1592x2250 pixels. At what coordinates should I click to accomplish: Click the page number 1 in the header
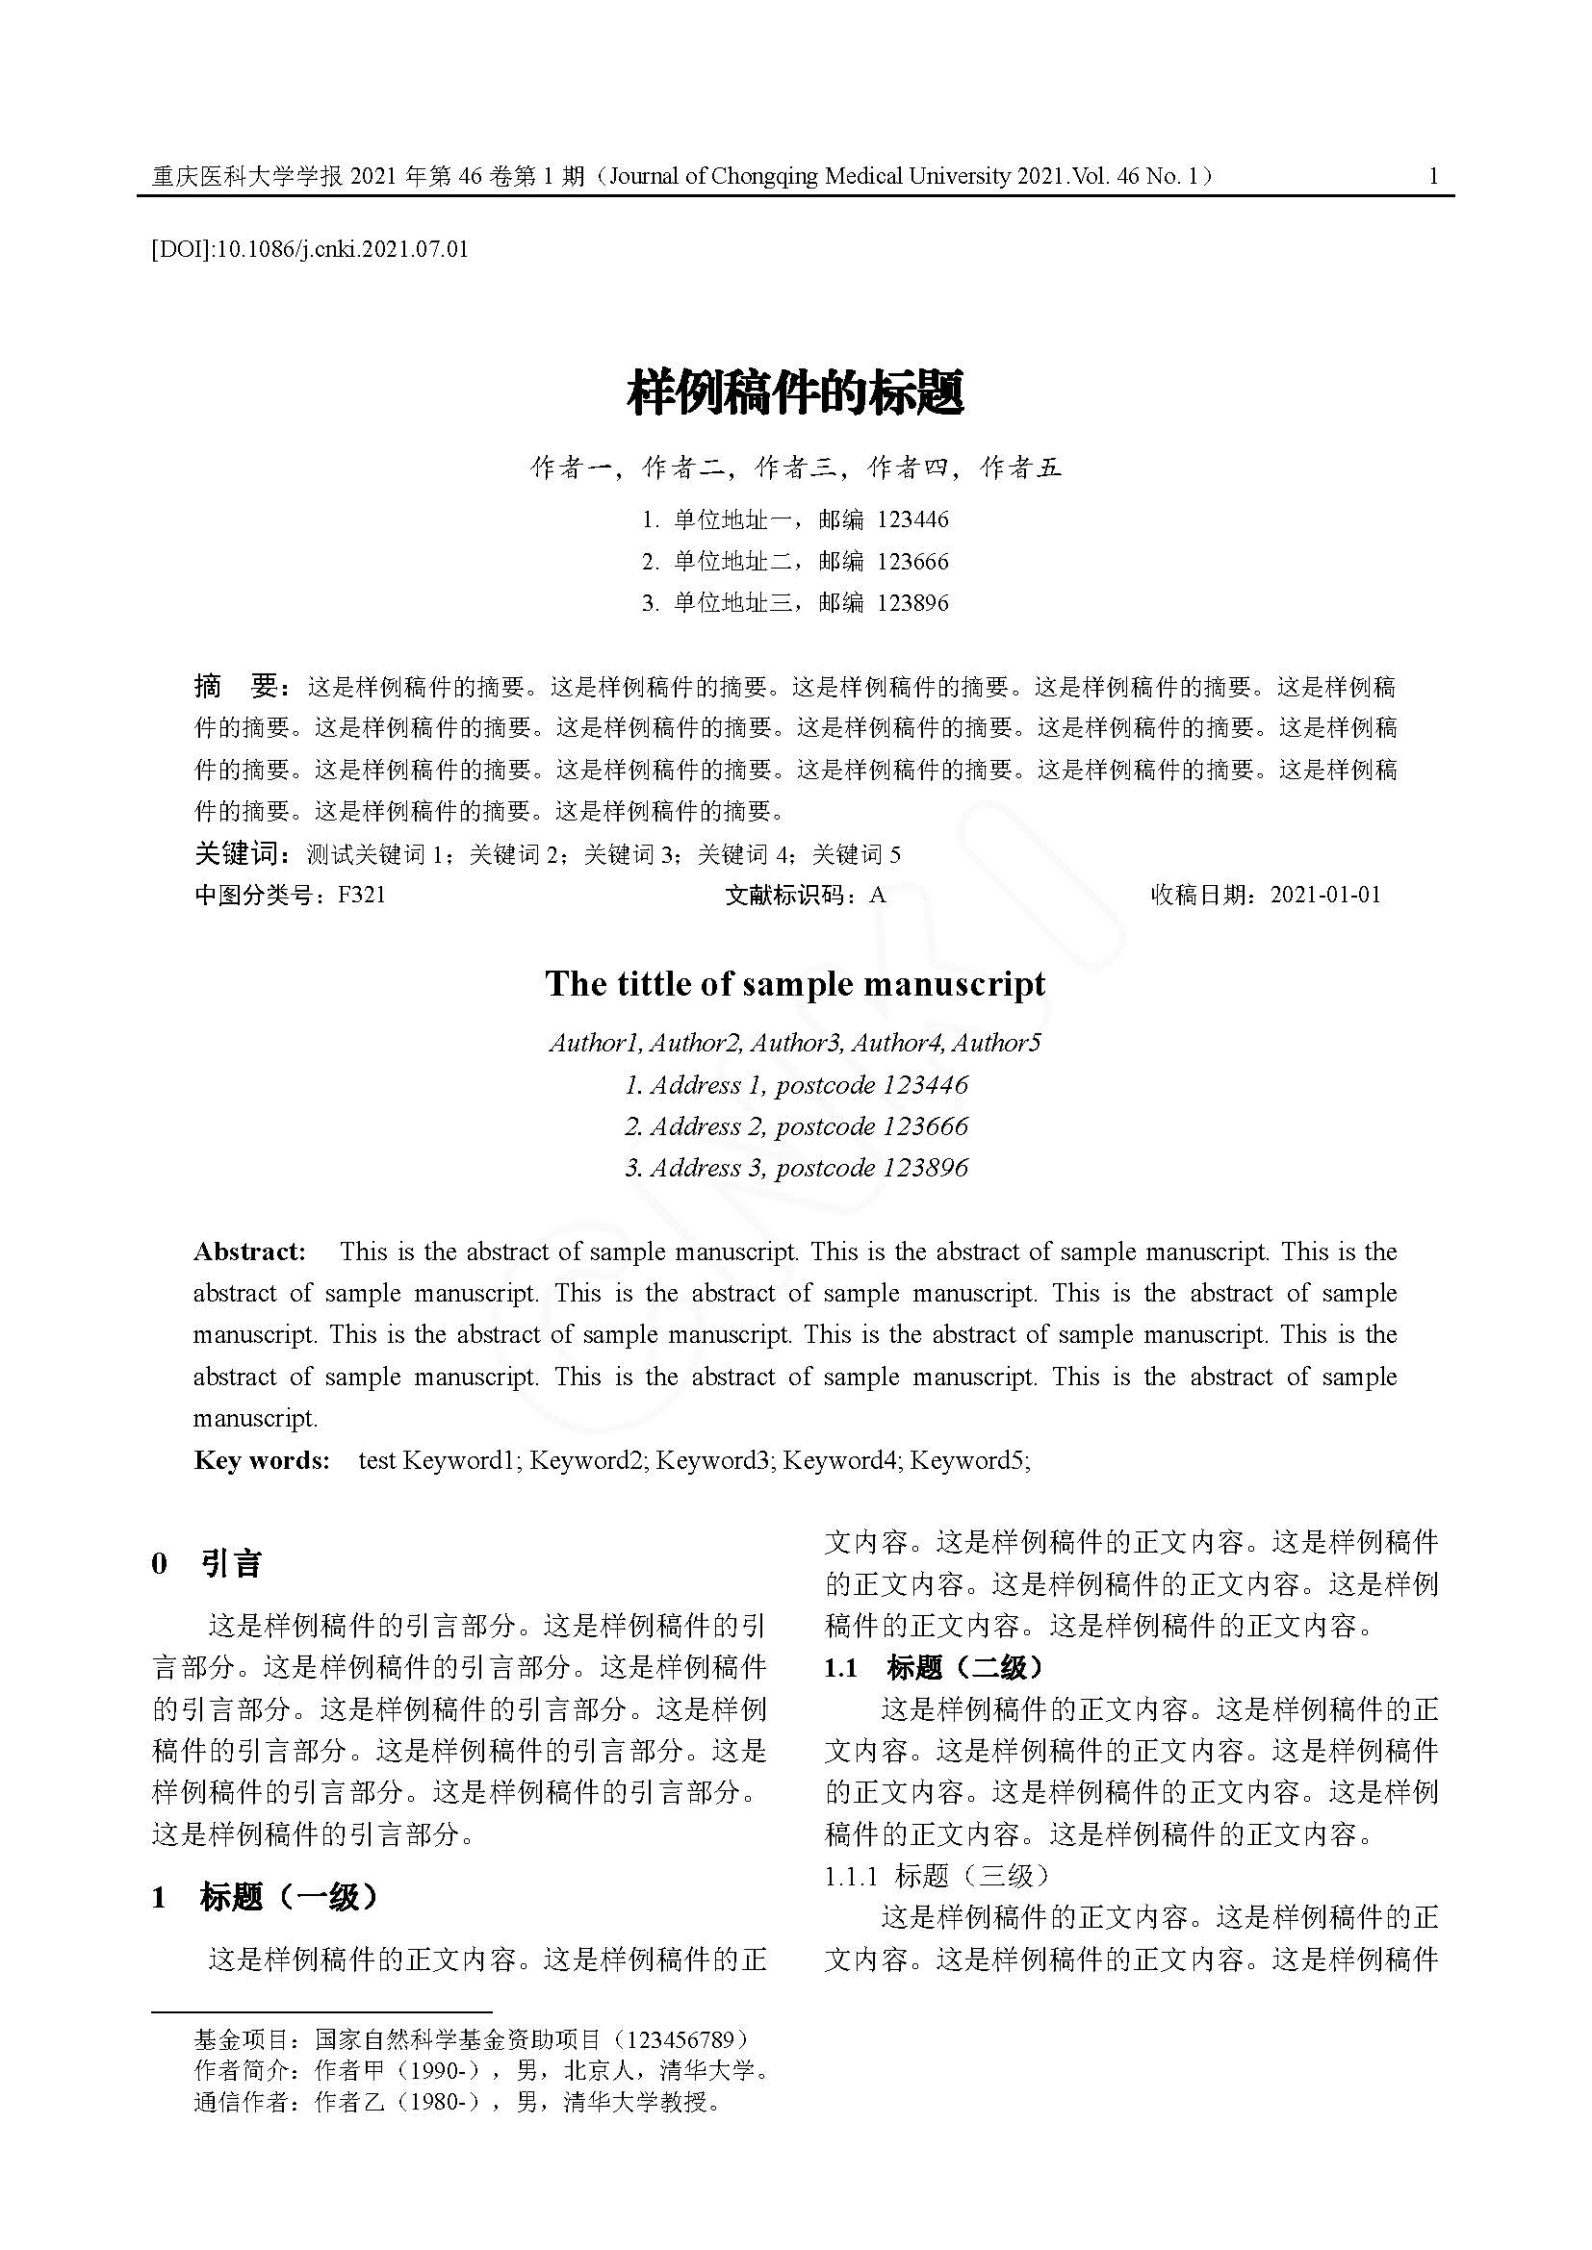click(x=1433, y=176)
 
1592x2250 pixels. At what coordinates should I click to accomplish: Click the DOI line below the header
click(x=310, y=249)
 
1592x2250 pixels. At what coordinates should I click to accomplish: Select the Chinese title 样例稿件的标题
click(x=795, y=394)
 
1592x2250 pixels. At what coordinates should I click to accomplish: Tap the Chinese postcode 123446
click(x=912, y=519)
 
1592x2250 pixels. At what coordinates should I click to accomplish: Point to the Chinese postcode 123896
click(x=912, y=603)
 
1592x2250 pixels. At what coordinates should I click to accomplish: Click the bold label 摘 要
click(x=238, y=687)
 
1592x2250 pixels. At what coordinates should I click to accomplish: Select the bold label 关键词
click(x=238, y=854)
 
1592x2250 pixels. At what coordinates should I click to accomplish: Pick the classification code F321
click(x=362, y=895)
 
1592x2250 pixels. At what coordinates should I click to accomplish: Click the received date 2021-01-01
click(x=1325, y=895)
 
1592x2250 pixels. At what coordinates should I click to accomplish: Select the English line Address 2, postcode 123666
click(x=796, y=1126)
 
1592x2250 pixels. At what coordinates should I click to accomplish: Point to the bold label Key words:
click(x=262, y=1460)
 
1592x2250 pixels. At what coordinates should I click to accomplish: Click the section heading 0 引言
click(x=207, y=1564)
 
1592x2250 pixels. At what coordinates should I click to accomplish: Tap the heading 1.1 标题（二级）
click(x=935, y=1667)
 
